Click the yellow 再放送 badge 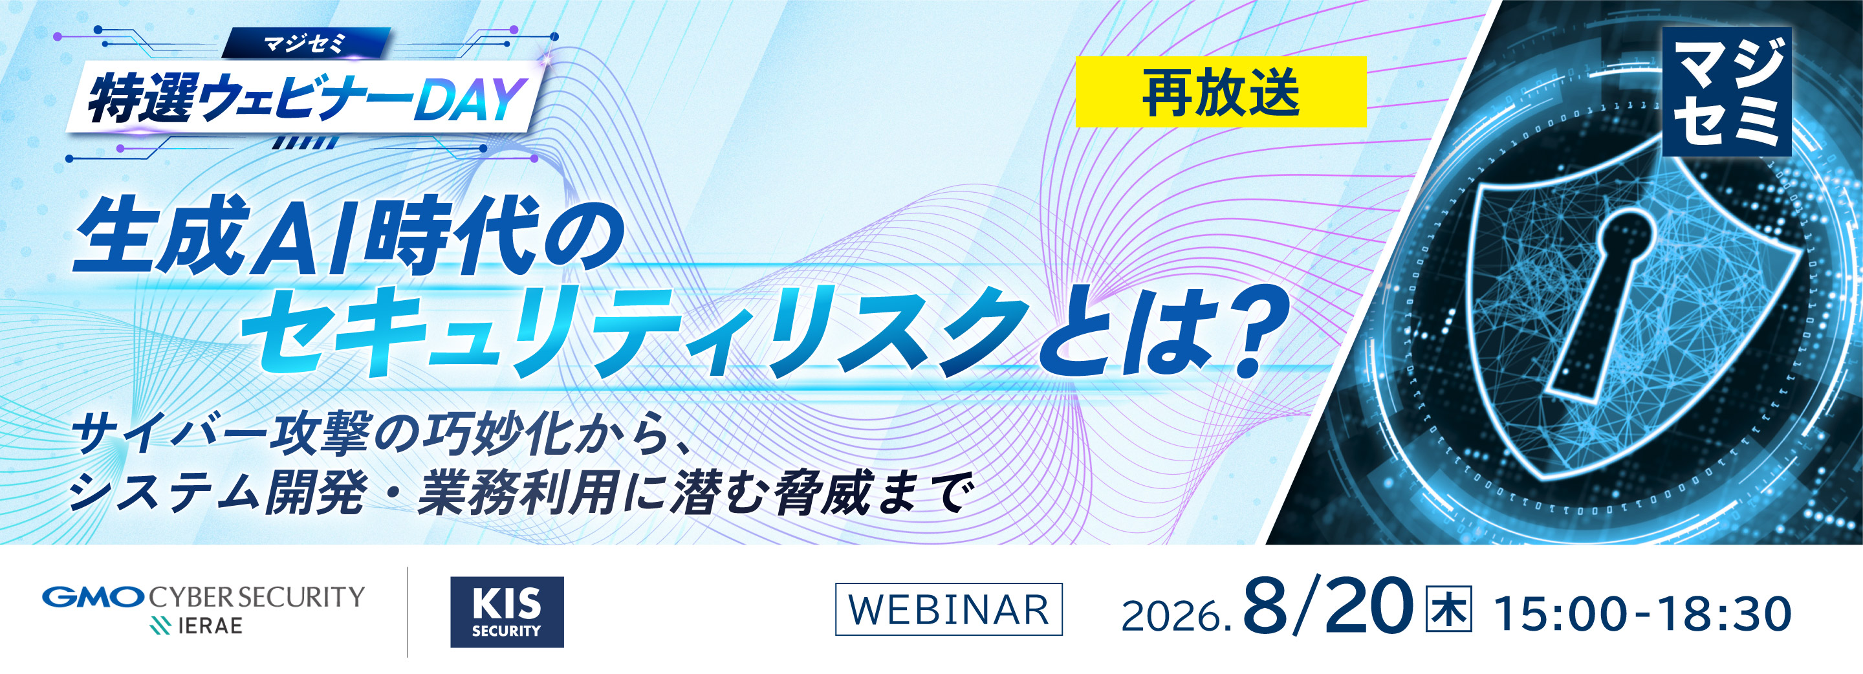tap(1221, 92)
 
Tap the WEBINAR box tap(948, 609)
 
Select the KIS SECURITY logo tap(507, 612)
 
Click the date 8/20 tap(1328, 609)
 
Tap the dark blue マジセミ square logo tap(1727, 92)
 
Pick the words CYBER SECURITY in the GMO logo tap(257, 596)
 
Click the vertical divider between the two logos tap(408, 612)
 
